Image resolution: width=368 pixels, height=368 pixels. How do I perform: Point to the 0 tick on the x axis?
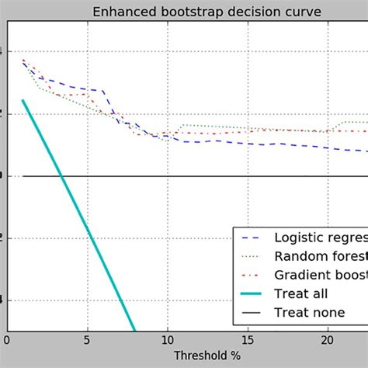click(x=7, y=340)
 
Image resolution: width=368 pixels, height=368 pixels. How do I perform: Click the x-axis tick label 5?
click(x=87, y=340)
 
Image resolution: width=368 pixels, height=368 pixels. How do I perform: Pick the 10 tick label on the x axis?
click(x=167, y=340)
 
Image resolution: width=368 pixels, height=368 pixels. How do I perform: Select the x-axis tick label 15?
click(x=247, y=340)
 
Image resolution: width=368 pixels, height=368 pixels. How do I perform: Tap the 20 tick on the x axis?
click(x=327, y=340)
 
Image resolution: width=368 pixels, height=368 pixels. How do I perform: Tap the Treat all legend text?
click(x=301, y=293)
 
